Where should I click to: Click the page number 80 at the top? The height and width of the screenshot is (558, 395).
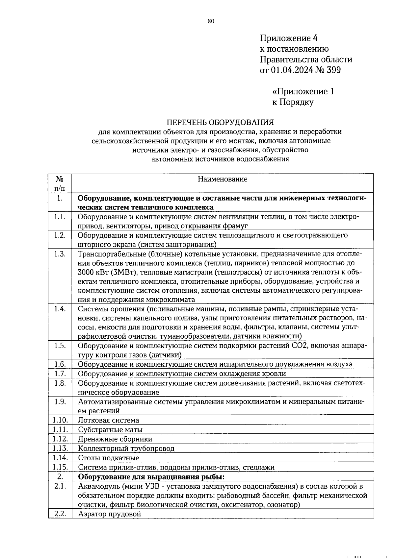pos(211,21)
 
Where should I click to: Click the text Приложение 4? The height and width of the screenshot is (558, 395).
pos(289,38)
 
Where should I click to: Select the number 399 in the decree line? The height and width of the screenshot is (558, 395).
pos(333,70)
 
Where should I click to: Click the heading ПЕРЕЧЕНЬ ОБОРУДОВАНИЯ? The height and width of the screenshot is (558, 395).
pos(220,122)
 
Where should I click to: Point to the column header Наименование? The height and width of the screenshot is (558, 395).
pos(223,179)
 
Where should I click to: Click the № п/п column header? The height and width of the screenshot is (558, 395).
pos(60,183)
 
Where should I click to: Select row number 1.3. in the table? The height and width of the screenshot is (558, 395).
pos(60,254)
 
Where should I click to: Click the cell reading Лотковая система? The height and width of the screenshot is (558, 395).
pos(108,420)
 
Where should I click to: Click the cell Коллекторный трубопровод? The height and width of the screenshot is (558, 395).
pos(126,449)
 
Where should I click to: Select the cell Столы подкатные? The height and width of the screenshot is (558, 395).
pos(108,458)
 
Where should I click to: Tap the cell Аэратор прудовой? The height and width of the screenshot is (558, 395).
pos(109,514)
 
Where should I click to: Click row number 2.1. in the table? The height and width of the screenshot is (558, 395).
pos(60,486)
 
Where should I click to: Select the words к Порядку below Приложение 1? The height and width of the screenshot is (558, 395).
pos(293,102)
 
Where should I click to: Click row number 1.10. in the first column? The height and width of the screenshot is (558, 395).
pos(60,420)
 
